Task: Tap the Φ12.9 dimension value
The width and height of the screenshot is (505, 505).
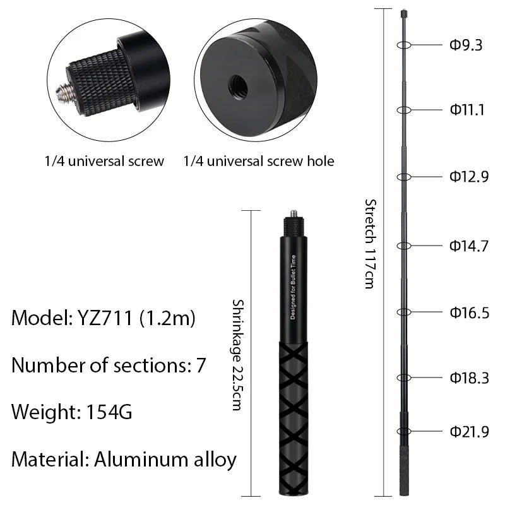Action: (x=469, y=177)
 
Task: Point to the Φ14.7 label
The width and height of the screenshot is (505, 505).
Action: (x=469, y=246)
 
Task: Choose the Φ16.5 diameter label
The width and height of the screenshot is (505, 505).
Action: (x=469, y=312)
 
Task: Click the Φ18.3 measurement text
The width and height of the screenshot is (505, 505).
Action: (x=469, y=377)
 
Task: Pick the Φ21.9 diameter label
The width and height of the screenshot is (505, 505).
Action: (x=469, y=432)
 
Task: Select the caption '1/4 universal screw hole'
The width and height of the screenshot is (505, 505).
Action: (x=259, y=161)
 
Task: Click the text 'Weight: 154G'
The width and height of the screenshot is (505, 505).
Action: (x=71, y=412)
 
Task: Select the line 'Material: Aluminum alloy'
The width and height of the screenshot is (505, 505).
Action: (x=124, y=459)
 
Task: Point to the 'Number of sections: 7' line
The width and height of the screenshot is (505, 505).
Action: (x=108, y=365)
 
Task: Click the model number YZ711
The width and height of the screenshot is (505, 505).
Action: (x=105, y=318)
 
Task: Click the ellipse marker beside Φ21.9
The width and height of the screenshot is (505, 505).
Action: (x=405, y=432)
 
